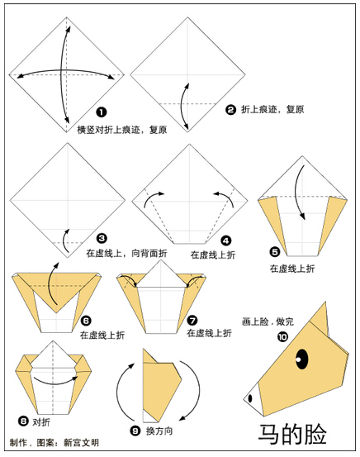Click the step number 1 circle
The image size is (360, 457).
[102, 112]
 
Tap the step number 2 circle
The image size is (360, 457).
[230, 110]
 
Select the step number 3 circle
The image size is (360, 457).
[102, 239]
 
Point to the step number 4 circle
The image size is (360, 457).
[226, 240]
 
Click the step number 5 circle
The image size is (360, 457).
[275, 252]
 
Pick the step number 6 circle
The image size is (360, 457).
[86, 321]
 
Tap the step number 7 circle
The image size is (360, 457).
[192, 321]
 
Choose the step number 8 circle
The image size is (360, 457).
[23, 421]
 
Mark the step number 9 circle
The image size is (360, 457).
[135, 431]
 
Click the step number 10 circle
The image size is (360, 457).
[282, 337]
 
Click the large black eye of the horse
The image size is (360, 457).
[302, 359]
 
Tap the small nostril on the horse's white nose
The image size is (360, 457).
[250, 398]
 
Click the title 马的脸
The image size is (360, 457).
[292, 434]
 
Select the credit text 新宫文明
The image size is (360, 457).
[81, 442]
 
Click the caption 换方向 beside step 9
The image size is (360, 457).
[159, 431]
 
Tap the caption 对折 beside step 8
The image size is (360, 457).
[41, 421]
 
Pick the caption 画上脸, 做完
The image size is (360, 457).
[268, 321]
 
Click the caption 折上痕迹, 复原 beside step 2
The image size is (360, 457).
[272, 110]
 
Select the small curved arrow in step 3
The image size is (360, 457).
[64, 240]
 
